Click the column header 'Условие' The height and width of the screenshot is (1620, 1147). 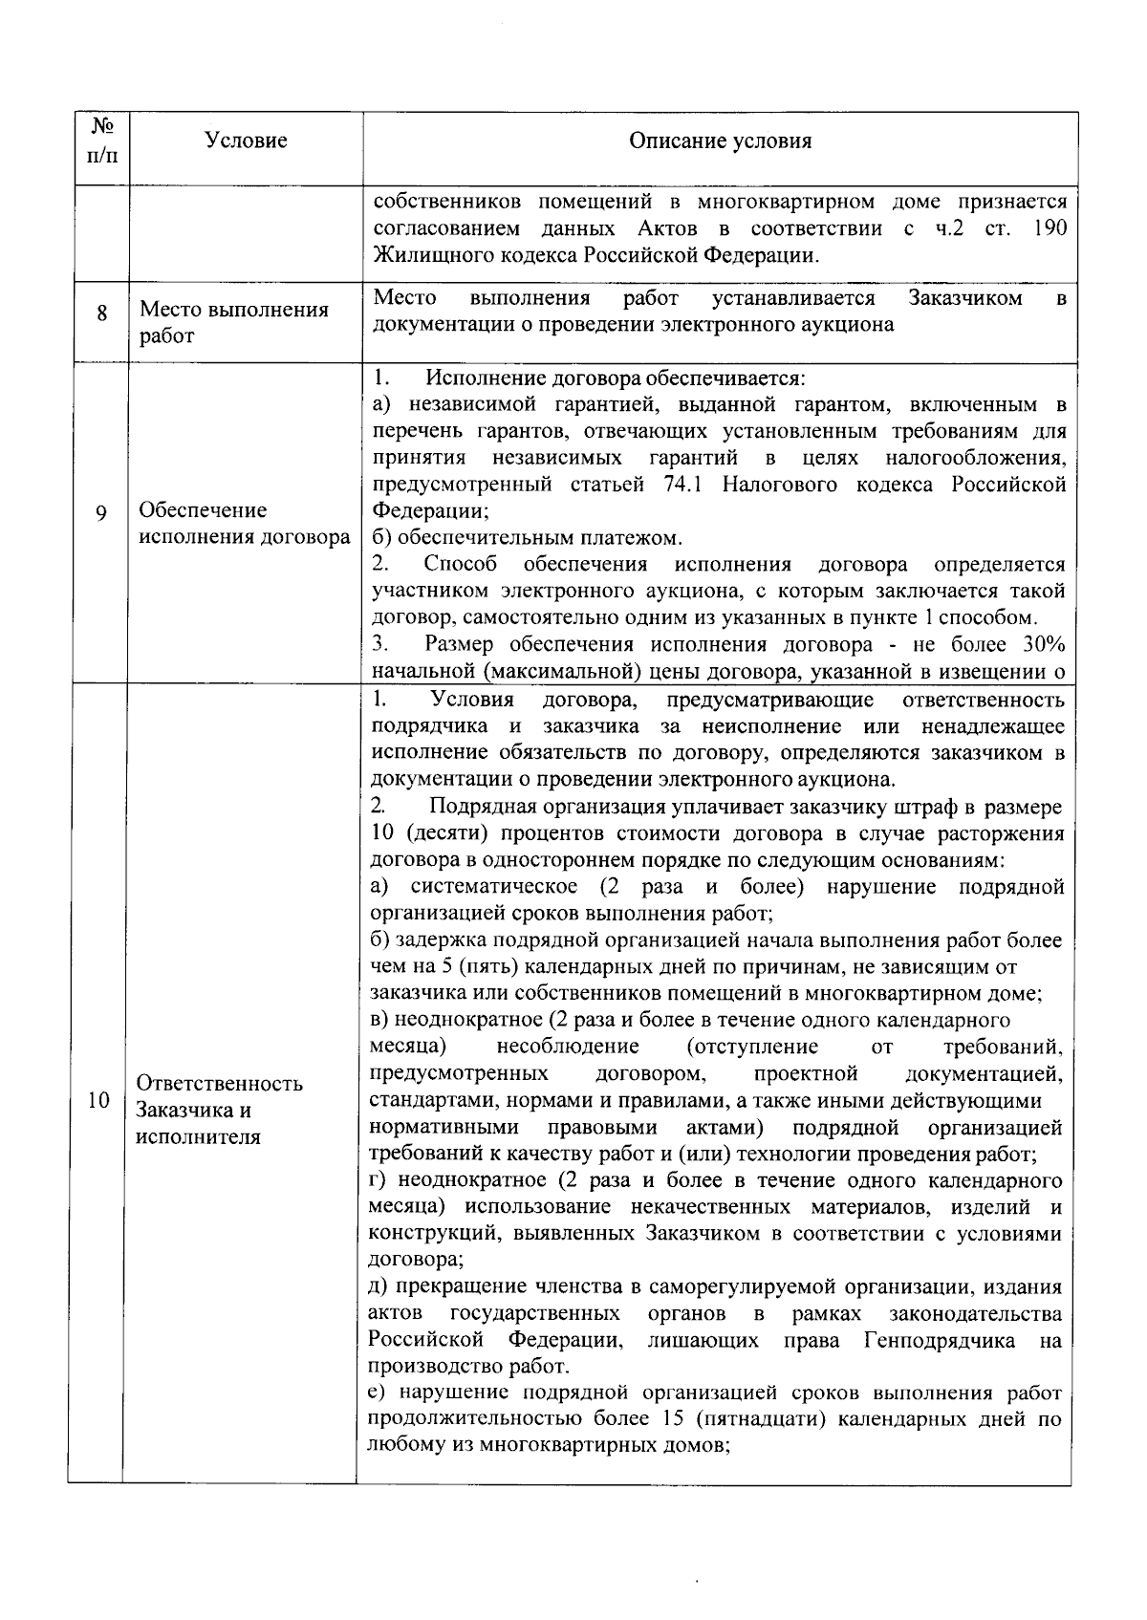pos(246,141)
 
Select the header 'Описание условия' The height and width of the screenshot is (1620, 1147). pos(720,141)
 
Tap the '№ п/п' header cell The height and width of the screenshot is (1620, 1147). pos(102,140)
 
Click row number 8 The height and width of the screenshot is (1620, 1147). pos(101,313)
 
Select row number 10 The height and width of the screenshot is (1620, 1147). pos(98,1100)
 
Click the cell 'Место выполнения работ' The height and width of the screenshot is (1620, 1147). pos(234,323)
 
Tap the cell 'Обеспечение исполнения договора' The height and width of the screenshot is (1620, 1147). pos(245,523)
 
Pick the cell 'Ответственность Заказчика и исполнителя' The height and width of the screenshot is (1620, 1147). pos(220,1110)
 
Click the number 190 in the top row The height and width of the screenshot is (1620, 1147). pos(1049,229)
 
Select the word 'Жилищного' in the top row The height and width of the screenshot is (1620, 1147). pos(419,255)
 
